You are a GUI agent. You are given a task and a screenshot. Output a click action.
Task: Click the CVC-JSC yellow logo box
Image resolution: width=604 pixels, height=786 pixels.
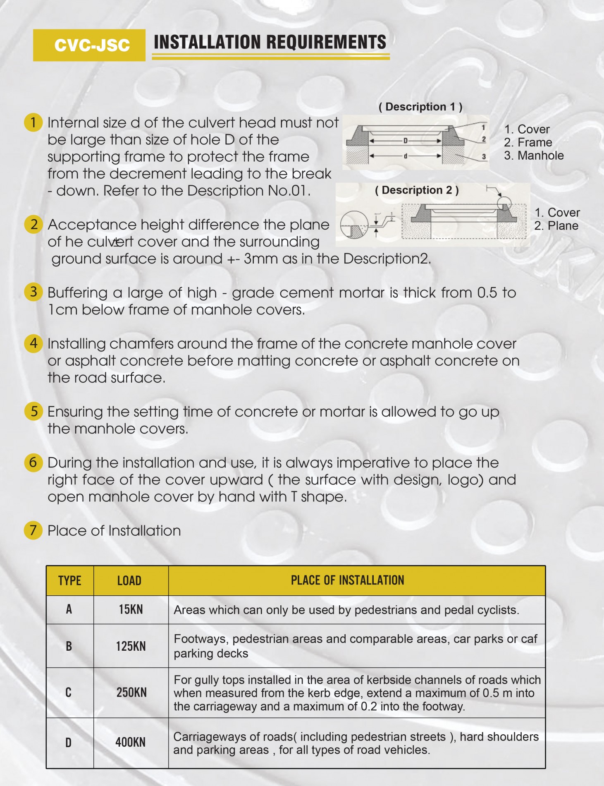89,45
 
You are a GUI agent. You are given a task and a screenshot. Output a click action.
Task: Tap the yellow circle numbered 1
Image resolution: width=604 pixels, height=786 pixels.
33,122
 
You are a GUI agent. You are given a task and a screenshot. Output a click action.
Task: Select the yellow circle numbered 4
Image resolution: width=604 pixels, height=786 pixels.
33,344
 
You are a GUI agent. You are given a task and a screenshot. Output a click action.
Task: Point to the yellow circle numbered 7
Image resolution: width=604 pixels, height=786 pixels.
33,531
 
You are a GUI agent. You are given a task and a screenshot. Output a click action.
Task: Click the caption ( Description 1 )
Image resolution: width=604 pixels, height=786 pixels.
420,107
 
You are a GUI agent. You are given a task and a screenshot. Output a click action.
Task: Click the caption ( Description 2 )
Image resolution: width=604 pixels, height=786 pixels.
416,190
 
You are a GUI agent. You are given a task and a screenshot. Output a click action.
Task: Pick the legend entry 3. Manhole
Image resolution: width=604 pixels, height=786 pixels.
534,156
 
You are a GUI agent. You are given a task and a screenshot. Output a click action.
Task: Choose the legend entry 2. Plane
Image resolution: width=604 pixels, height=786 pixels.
556,226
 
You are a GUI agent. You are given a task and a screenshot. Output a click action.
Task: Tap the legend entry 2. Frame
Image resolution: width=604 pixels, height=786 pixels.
528,142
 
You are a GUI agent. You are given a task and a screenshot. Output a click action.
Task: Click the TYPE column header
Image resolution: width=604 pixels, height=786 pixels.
70,581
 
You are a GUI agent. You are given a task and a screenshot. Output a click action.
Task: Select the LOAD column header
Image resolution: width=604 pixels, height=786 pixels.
129,581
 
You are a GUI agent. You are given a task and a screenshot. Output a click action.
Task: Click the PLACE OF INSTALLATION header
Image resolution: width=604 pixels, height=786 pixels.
347,580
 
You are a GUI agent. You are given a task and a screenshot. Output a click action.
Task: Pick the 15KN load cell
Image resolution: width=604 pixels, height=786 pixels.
131,609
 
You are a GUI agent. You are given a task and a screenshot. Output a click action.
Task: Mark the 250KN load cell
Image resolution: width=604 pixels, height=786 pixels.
131,693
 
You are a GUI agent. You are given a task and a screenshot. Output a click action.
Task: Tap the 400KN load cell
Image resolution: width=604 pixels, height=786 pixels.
131,743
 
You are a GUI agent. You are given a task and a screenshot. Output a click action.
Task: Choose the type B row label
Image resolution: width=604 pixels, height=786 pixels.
69,646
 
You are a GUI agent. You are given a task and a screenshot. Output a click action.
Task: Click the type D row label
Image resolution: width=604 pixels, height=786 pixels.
69,743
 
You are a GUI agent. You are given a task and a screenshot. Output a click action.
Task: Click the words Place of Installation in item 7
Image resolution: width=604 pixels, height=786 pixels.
114,531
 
